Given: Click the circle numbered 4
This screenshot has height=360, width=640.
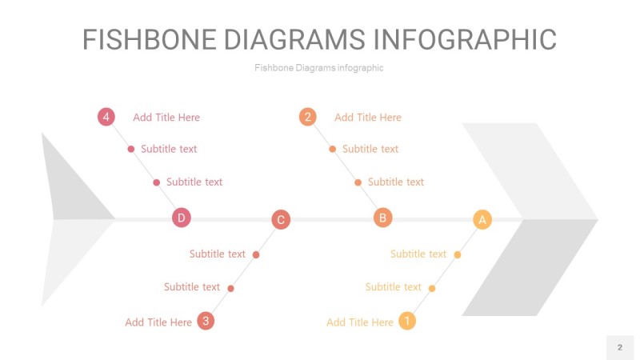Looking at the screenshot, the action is (106, 117).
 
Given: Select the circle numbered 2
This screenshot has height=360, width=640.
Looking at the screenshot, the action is (308, 117).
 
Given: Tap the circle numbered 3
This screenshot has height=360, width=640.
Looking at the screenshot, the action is (206, 321).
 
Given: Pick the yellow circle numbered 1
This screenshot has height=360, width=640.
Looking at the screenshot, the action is (407, 321).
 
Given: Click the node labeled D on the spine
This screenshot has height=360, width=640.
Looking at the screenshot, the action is (182, 218).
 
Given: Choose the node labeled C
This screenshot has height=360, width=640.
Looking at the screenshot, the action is (281, 219).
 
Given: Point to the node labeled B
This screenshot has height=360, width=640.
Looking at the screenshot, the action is (383, 218).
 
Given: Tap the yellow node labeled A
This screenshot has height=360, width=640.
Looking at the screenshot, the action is (482, 219).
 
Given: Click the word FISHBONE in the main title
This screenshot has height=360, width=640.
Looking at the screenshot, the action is (150, 39).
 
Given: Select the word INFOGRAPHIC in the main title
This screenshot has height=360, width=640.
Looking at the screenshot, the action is (465, 39).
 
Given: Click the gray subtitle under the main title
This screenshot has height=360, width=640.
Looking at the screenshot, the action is (318, 68).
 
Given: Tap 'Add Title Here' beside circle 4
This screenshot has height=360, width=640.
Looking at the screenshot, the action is (166, 118).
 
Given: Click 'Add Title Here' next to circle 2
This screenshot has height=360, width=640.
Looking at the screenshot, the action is (368, 118).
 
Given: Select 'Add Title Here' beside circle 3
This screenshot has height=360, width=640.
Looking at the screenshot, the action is (158, 322).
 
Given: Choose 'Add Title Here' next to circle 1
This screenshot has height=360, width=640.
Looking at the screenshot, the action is (360, 322).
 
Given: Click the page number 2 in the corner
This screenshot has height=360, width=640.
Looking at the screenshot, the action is (620, 347).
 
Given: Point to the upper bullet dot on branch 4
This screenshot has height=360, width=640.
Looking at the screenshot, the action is (131, 149).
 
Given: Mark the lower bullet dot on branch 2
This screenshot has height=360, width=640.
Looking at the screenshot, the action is (358, 182).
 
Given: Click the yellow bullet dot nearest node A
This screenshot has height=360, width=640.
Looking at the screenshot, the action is (458, 254).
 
